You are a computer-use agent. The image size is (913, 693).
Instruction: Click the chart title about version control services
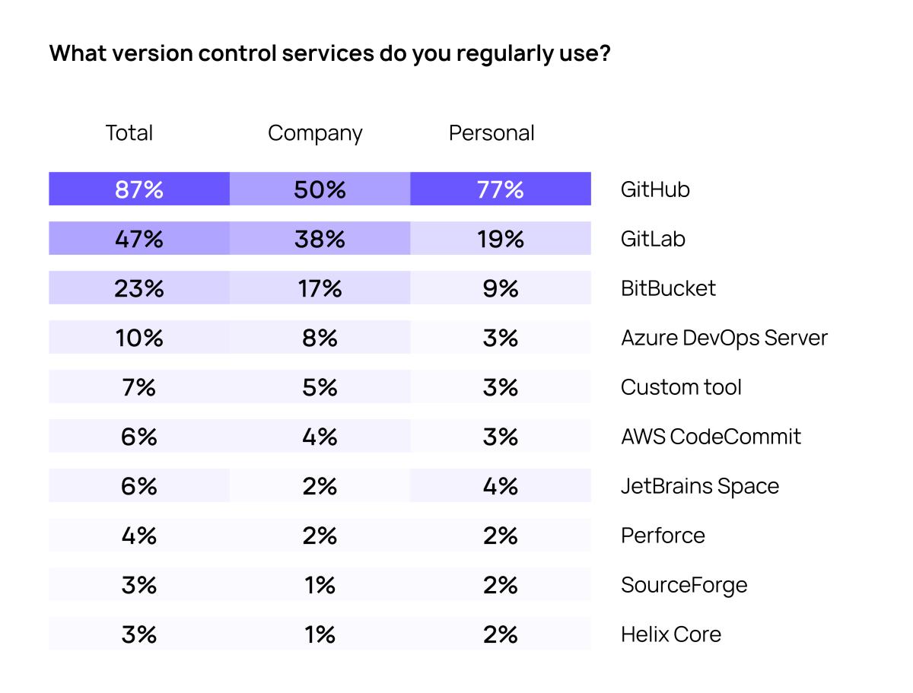pyautogui.click(x=329, y=54)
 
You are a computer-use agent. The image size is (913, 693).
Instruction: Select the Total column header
pyautogui.click(x=129, y=133)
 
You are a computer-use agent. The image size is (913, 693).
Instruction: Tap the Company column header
pyautogui.click(x=315, y=133)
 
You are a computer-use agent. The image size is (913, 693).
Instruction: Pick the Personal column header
pyautogui.click(x=491, y=133)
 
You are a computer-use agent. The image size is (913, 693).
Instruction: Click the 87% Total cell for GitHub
pyautogui.click(x=139, y=189)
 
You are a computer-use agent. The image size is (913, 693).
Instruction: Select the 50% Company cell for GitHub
pyautogui.click(x=320, y=189)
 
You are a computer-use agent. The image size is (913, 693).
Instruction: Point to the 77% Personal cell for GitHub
pyautogui.click(x=501, y=189)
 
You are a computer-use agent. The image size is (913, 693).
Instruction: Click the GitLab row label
pyautogui.click(x=653, y=239)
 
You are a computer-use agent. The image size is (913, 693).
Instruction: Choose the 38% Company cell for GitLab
pyautogui.click(x=320, y=239)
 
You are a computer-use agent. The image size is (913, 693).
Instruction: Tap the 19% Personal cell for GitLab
pyautogui.click(x=501, y=239)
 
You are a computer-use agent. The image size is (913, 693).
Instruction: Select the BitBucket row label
pyautogui.click(x=668, y=288)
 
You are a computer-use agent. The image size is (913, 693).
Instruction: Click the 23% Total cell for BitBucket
pyautogui.click(x=139, y=288)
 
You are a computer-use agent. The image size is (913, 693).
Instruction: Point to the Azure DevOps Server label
pyautogui.click(x=724, y=338)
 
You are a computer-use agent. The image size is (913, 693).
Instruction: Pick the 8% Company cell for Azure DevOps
pyautogui.click(x=320, y=338)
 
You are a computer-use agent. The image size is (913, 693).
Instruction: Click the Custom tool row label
pyautogui.click(x=681, y=387)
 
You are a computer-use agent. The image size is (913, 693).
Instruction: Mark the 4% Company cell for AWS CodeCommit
pyautogui.click(x=320, y=437)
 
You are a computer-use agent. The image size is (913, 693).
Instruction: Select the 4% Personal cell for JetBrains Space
pyautogui.click(x=501, y=486)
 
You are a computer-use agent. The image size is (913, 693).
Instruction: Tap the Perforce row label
pyautogui.click(x=663, y=536)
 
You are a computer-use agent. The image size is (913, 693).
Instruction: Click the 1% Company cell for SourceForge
pyautogui.click(x=320, y=585)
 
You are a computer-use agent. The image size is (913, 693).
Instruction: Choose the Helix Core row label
pyautogui.click(x=670, y=634)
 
